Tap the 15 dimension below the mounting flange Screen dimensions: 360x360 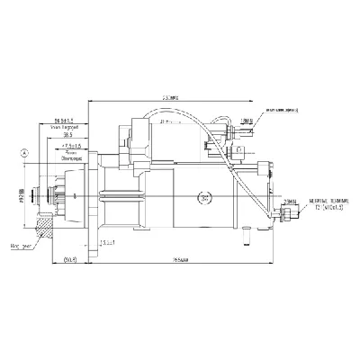108,240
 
